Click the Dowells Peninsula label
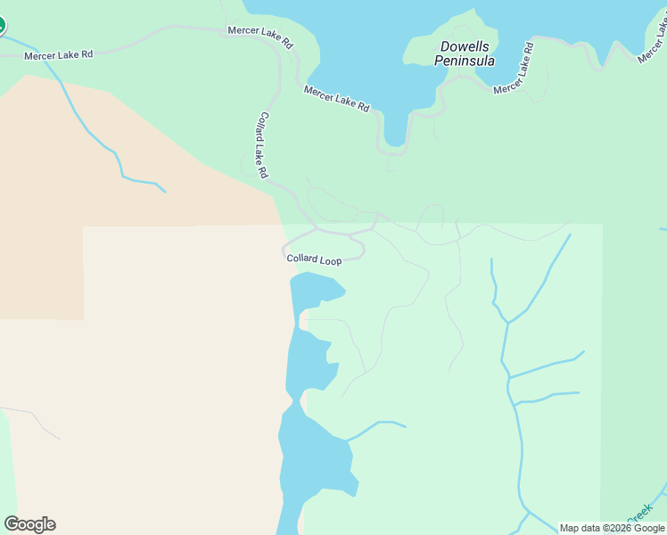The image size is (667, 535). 464,53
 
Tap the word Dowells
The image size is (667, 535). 464,46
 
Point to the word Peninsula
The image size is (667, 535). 464,62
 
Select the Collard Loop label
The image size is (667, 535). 314,259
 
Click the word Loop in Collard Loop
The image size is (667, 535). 330,261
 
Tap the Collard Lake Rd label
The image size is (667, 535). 263,145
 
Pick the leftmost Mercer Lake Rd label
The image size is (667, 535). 58,55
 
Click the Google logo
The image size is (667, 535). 29,524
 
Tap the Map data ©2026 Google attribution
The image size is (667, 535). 612,528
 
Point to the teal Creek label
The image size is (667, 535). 638,514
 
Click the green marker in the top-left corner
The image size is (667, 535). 1,25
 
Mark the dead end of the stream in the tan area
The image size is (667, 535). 165,191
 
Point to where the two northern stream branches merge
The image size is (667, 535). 507,322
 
